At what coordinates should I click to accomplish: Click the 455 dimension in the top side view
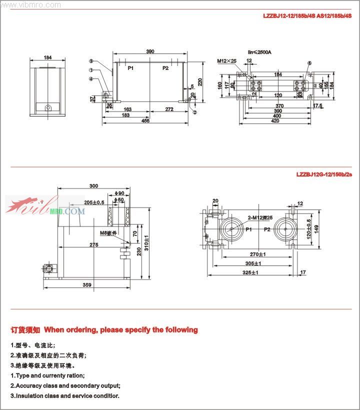click(145, 121)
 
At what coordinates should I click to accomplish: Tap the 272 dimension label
click(169, 109)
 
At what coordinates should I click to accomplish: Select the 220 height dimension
click(200, 82)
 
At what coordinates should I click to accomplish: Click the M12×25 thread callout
click(226, 61)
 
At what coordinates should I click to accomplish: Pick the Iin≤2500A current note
click(259, 52)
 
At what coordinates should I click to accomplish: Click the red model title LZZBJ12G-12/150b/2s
click(324, 174)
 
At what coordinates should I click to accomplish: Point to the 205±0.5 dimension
click(94, 202)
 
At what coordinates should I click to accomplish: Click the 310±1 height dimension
click(145, 242)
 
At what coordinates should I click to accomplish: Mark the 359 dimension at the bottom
click(87, 285)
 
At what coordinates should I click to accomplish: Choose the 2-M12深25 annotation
click(260, 218)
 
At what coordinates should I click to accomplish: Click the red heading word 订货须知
click(25, 330)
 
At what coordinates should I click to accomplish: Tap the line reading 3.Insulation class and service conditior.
click(65, 396)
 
